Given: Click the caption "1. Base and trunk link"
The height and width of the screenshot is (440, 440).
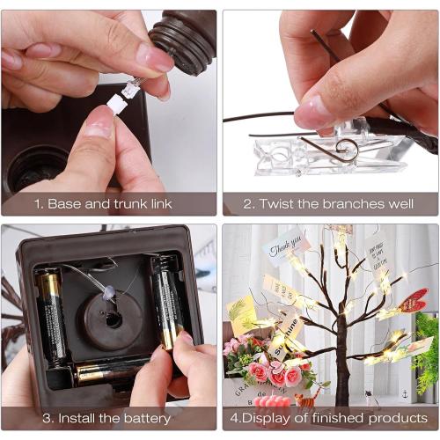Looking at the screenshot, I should pyautogui.click(x=109, y=203).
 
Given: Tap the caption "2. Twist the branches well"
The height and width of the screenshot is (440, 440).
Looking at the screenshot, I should pyautogui.click(x=329, y=203).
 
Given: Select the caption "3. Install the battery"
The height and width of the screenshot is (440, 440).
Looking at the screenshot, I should pyautogui.click(x=109, y=417).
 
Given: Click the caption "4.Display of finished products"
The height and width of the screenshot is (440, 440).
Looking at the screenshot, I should pyautogui.click(x=329, y=417).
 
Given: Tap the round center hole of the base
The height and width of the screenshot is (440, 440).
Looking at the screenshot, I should pyautogui.click(x=114, y=316).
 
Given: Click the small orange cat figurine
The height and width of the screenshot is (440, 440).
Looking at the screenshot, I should pyautogui.click(x=305, y=401).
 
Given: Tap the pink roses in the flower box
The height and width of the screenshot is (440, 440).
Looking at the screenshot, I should pyautogui.click(x=264, y=370).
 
